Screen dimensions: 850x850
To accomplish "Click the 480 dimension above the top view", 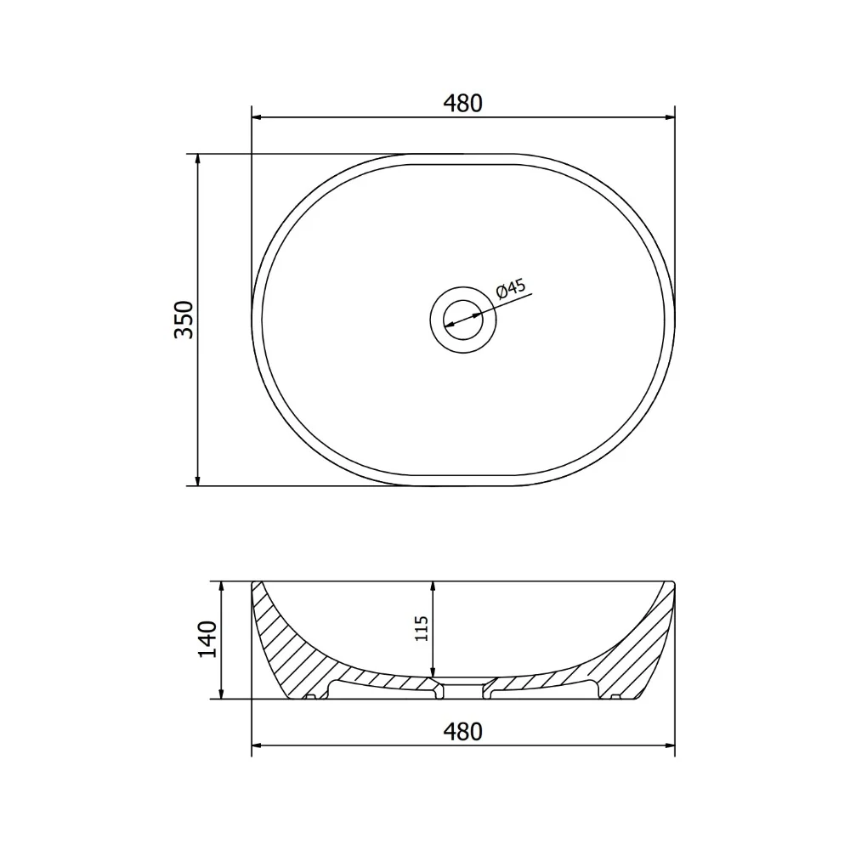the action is pyautogui.click(x=462, y=103).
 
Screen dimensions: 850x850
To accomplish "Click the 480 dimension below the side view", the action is pyautogui.click(x=462, y=731).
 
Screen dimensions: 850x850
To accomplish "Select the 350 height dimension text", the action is pyautogui.click(x=184, y=320).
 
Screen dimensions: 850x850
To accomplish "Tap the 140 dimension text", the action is pyautogui.click(x=207, y=640).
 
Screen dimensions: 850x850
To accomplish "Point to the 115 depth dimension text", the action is pyautogui.click(x=422, y=629).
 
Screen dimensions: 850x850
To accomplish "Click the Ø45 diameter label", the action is pyautogui.click(x=511, y=288).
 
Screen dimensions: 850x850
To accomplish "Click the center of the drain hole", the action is pyautogui.click(x=463, y=320).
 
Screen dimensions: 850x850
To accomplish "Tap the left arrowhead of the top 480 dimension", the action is pyautogui.click(x=258, y=116).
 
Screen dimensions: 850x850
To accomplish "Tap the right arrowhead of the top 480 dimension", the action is pyautogui.click(x=669, y=116).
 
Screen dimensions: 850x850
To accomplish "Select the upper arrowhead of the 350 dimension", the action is pyautogui.click(x=198, y=160).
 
